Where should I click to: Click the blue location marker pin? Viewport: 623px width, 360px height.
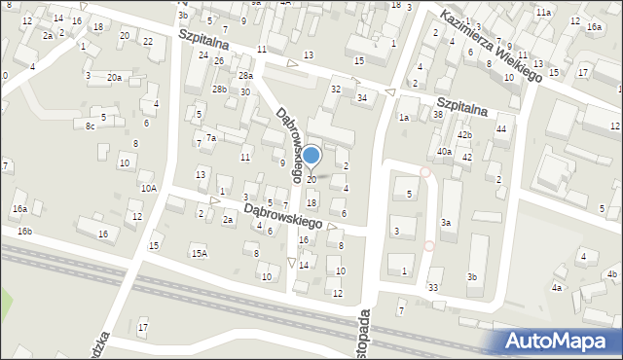coord(311,156)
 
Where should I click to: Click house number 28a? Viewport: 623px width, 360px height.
coord(246,75)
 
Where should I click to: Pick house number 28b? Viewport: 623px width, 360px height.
coord(220,90)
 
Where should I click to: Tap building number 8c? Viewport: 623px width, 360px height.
coord(91,126)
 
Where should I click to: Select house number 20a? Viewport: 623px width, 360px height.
coord(115,77)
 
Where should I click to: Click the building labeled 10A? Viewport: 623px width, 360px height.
coord(148,188)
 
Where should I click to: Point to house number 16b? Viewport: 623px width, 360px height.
coord(24,231)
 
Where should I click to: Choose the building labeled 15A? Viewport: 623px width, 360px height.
coord(199,253)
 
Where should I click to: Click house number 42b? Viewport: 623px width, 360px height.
coord(464,134)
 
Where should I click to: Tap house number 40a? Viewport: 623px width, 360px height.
coord(444,151)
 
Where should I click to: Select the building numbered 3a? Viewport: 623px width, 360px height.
coord(446,223)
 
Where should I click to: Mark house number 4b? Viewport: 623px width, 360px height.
coord(612,274)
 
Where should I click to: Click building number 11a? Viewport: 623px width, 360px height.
coord(543,12)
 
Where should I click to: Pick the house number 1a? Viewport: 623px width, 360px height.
coord(403,117)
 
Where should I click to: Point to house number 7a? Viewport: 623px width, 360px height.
coord(210,138)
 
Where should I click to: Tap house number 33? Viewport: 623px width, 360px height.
coord(432,287)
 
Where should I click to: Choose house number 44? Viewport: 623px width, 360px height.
coord(501,129)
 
